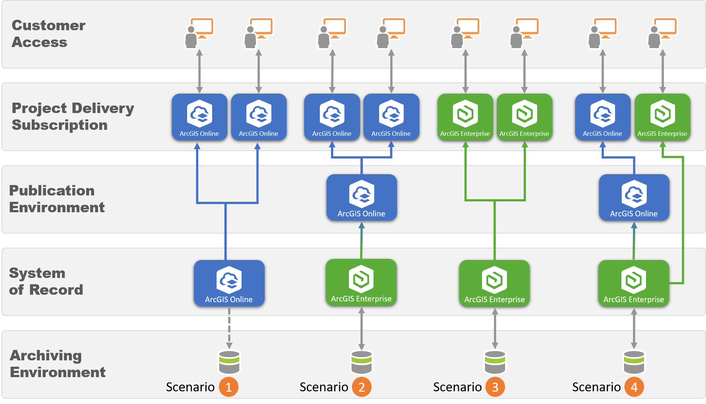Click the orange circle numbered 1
pyautogui.click(x=228, y=387)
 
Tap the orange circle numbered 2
pyautogui.click(x=362, y=387)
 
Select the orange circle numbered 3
pyautogui.click(x=495, y=387)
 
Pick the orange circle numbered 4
pyautogui.click(x=634, y=387)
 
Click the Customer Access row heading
pyautogui.click(x=48, y=34)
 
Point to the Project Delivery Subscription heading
pyautogui.click(x=73, y=116)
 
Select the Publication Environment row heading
pyautogui.click(x=57, y=199)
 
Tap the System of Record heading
pyautogui.click(x=46, y=281)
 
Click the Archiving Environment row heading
pyautogui.click(x=57, y=364)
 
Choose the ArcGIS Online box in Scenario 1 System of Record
pyautogui.click(x=229, y=283)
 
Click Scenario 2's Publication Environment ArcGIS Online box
pyautogui.click(x=362, y=197)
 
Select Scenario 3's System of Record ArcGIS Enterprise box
pyautogui.click(x=494, y=283)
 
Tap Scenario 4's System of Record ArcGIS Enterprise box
pyautogui.click(x=634, y=283)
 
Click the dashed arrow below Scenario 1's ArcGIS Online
pyautogui.click(x=229, y=328)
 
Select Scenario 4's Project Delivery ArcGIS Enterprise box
pyautogui.click(x=662, y=117)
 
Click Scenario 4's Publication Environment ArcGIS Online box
pyautogui.click(x=634, y=197)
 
